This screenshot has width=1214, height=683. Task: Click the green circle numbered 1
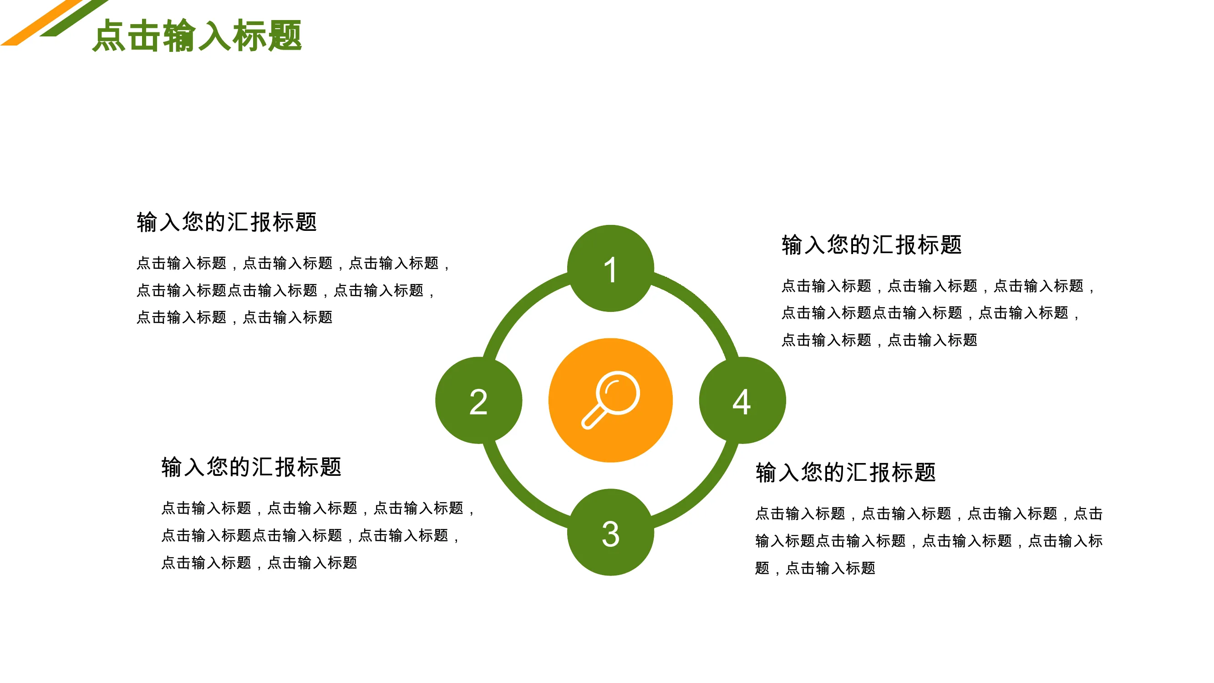click(x=610, y=268)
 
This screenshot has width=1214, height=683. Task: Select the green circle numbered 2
click(x=478, y=400)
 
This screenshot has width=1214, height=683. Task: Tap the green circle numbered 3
click(x=610, y=532)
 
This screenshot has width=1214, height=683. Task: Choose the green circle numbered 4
click(x=742, y=400)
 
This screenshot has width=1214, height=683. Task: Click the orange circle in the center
click(x=610, y=400)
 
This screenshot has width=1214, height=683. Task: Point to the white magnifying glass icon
click(x=610, y=400)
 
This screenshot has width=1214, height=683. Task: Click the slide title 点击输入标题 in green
click(x=197, y=36)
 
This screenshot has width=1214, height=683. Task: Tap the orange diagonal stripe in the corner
click(x=41, y=23)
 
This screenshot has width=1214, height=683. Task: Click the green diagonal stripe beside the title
click(x=74, y=18)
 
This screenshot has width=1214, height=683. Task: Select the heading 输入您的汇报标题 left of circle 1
click(x=227, y=222)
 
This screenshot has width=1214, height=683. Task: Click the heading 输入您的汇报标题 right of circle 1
click(x=871, y=245)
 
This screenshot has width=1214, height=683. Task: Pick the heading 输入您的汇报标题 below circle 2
click(x=251, y=467)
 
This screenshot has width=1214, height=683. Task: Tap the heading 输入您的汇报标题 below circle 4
click(x=845, y=472)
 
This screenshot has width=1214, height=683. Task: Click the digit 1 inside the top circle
click(x=610, y=270)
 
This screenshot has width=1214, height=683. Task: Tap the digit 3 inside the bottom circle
click(x=610, y=534)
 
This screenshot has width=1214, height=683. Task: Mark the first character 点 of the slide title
click(x=108, y=36)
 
